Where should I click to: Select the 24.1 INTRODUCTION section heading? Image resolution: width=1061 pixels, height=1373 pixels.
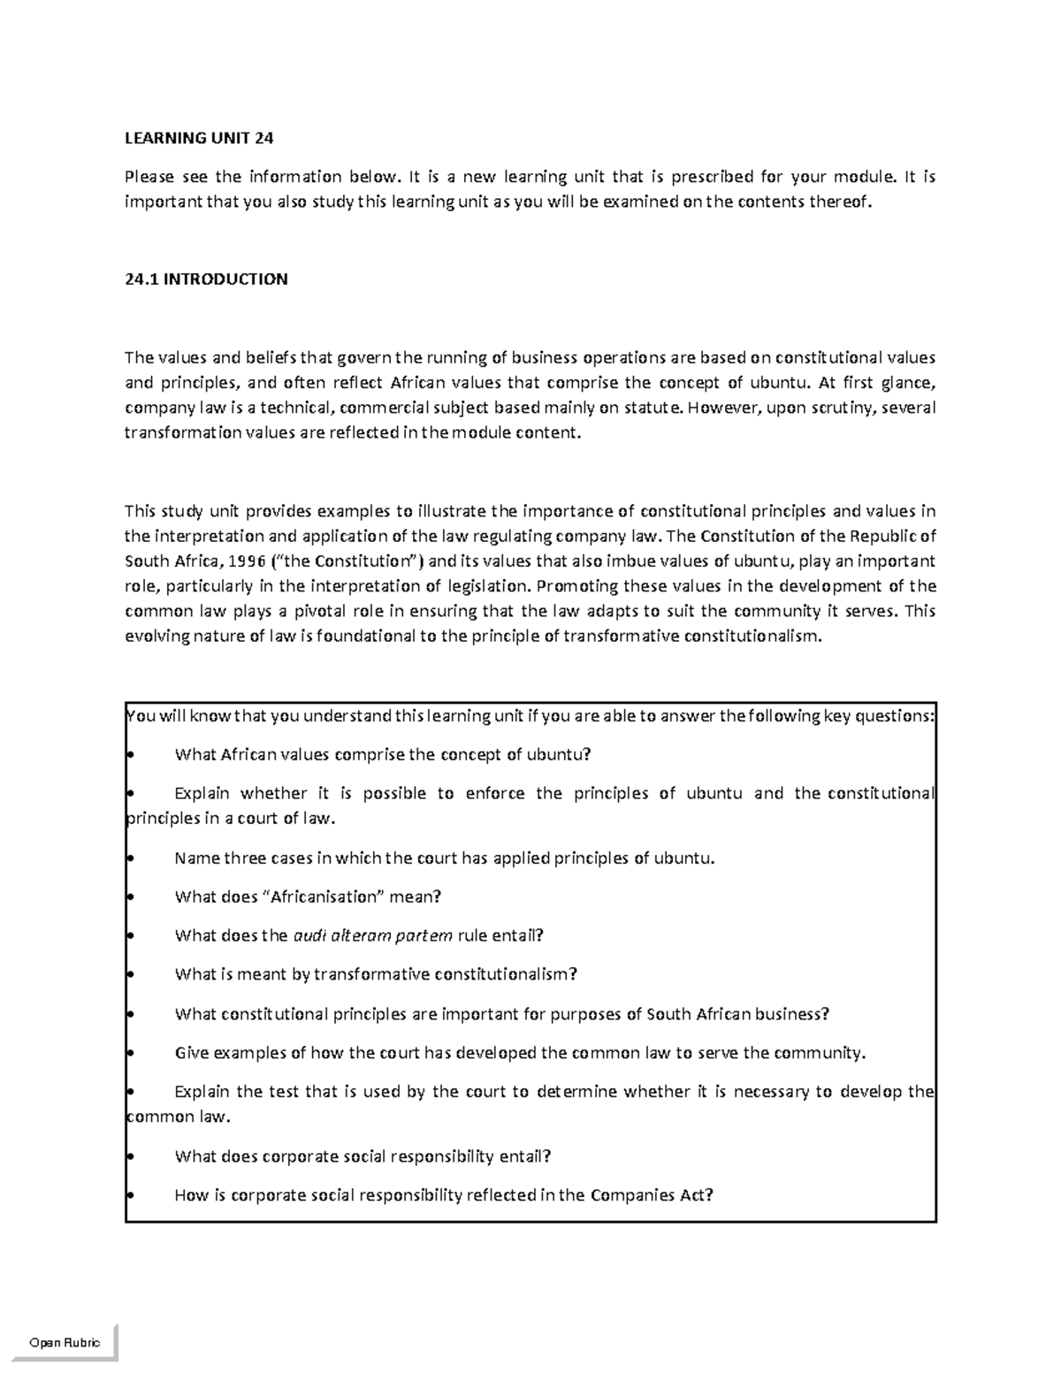click(x=206, y=279)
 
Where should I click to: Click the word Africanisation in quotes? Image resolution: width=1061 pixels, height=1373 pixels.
click(x=324, y=896)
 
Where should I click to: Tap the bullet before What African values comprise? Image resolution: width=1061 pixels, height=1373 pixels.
click(x=130, y=755)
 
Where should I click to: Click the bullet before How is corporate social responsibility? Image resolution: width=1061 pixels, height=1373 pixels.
click(x=130, y=1195)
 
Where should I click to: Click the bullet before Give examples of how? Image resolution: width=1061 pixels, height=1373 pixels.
click(x=130, y=1053)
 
